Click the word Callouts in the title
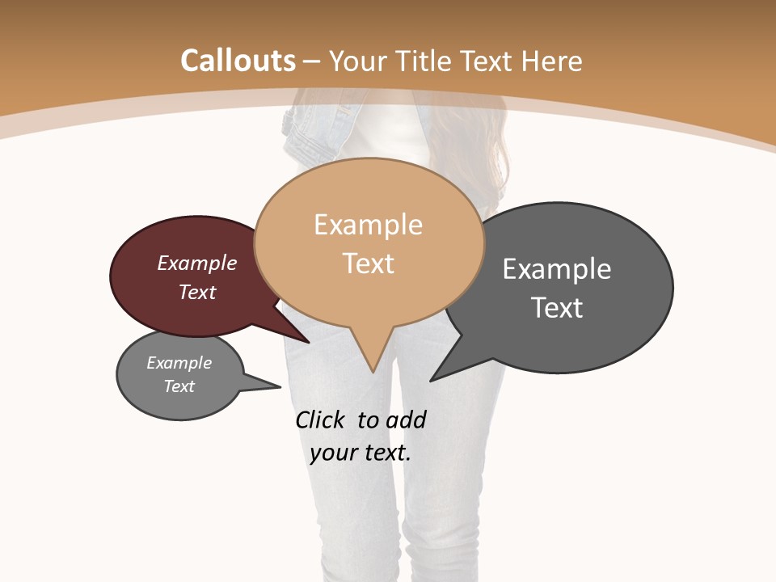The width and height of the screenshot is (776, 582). (238, 61)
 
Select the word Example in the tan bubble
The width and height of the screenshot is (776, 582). (368, 225)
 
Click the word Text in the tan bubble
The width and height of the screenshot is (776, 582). (368, 263)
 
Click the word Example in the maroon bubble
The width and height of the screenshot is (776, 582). (197, 263)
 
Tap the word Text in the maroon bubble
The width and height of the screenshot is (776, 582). (197, 292)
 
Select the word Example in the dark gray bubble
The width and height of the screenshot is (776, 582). (557, 268)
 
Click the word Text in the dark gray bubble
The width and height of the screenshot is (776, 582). (557, 307)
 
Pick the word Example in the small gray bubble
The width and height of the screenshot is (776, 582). (179, 363)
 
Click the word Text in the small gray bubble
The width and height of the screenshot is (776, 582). (179, 386)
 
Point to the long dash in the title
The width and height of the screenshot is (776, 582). (313, 61)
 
